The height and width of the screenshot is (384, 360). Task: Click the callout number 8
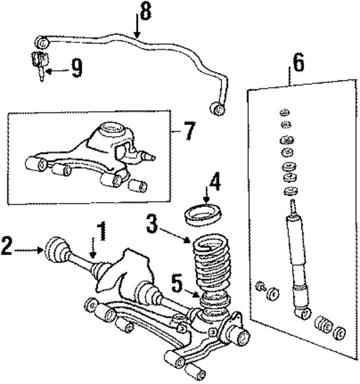point(145,12)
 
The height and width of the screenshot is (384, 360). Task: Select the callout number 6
point(298,63)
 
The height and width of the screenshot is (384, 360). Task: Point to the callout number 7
point(189,133)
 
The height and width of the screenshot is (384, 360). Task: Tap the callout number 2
point(7,246)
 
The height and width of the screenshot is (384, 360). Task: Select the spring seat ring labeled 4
point(204,215)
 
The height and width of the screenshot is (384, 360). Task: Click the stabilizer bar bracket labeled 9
point(38,61)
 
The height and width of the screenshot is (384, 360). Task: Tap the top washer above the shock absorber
point(284,112)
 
